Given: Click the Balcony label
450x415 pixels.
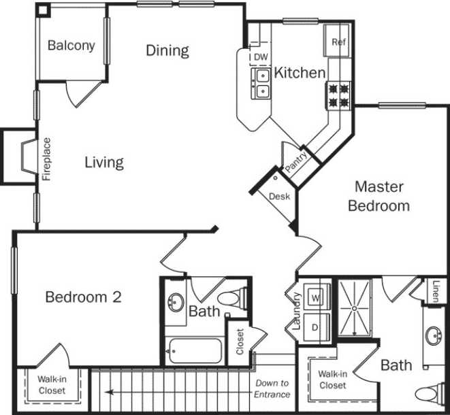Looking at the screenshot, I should click(x=71, y=46).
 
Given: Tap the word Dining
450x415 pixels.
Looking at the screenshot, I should click(x=167, y=50).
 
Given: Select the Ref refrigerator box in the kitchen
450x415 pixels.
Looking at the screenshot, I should click(x=338, y=41).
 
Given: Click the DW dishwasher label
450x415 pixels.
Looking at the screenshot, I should click(x=260, y=58).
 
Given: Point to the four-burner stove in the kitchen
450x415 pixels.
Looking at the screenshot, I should click(x=340, y=95).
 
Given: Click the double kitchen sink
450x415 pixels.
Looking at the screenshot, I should click(x=261, y=82).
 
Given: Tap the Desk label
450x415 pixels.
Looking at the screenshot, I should click(x=279, y=197).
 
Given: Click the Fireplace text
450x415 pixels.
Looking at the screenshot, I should click(x=47, y=159).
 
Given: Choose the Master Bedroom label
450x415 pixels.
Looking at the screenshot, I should click(x=379, y=196).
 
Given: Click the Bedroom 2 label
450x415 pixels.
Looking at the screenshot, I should click(x=83, y=297).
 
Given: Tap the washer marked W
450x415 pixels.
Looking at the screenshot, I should click(x=316, y=297).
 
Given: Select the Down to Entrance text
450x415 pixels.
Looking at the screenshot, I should click(x=272, y=388).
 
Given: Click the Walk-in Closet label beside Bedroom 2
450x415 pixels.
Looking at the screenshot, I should click(x=52, y=386).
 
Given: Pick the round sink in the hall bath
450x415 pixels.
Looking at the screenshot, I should click(x=176, y=301).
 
